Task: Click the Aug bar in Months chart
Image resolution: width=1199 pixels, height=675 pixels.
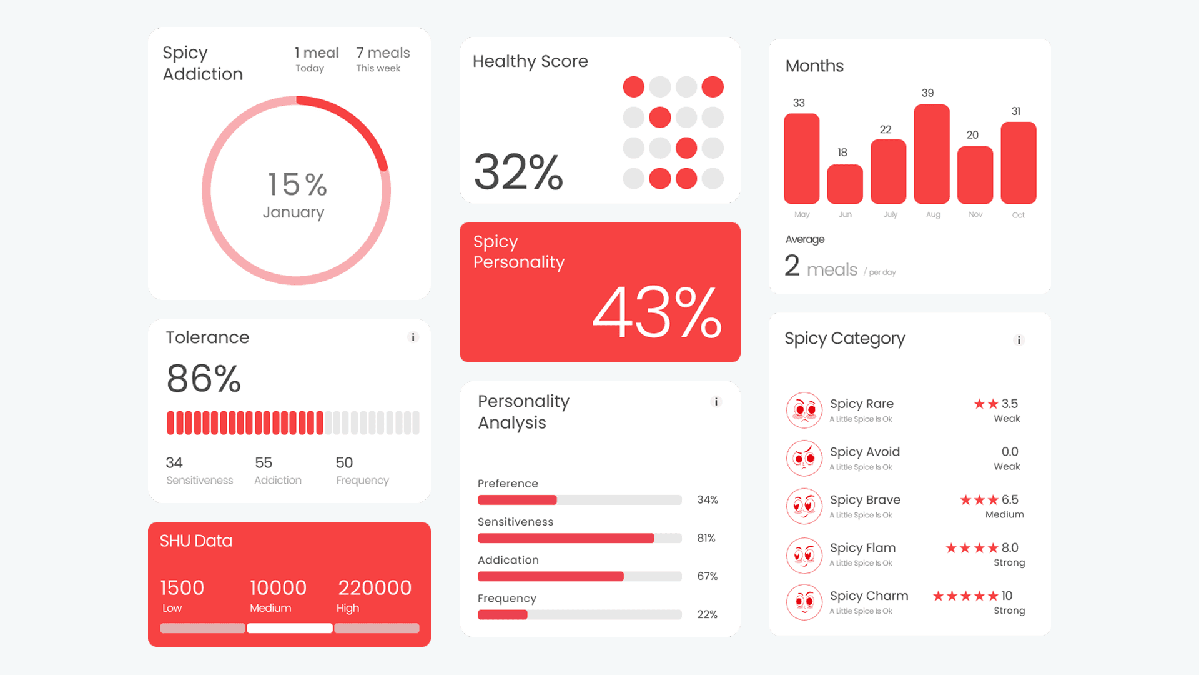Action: (x=932, y=154)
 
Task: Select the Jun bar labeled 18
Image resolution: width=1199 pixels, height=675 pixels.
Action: (x=845, y=184)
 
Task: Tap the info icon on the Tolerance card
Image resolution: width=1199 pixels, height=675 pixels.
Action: (x=413, y=337)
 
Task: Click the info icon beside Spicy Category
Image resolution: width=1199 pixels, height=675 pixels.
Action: (x=1019, y=340)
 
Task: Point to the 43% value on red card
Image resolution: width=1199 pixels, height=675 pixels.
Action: (x=657, y=312)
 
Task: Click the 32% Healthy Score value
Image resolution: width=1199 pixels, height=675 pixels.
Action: (x=518, y=172)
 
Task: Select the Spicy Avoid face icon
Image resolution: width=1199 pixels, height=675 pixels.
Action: (x=804, y=458)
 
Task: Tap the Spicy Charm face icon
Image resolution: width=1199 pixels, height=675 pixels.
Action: (x=804, y=602)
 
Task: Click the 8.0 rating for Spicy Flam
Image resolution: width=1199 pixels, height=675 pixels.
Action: (x=1010, y=548)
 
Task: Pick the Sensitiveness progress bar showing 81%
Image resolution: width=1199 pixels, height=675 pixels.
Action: (x=580, y=538)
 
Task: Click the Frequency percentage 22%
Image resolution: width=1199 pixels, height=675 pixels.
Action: (x=707, y=614)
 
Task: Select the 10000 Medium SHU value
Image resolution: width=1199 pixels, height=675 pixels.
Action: (x=278, y=587)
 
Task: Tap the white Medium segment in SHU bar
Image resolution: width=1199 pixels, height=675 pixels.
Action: (x=290, y=628)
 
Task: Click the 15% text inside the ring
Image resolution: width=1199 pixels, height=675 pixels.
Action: (x=297, y=184)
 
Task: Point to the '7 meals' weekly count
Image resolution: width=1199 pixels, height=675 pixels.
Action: (x=383, y=52)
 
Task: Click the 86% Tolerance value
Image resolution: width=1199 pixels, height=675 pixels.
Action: (x=204, y=379)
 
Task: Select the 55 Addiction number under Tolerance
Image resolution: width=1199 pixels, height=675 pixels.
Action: (x=264, y=462)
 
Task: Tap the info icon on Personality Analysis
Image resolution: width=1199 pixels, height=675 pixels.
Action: (x=716, y=402)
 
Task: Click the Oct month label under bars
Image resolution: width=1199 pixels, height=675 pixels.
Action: (x=1018, y=215)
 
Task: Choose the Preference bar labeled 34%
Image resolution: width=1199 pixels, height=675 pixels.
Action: (x=580, y=500)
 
